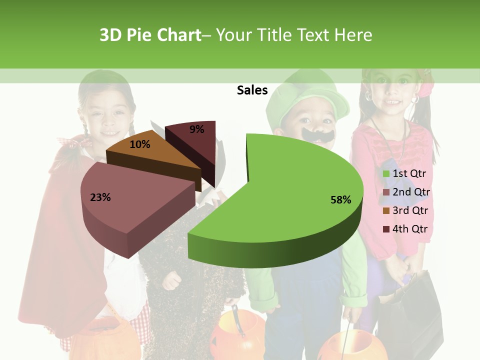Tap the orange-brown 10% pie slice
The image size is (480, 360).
pyautogui.click(x=150, y=155)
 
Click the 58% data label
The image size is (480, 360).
pyautogui.click(x=340, y=200)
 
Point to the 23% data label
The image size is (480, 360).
pyautogui.click(x=100, y=197)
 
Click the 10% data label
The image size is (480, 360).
pyautogui.click(x=140, y=144)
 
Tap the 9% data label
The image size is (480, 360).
pyautogui.click(x=197, y=129)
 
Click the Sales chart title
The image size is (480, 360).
pyautogui.click(x=252, y=90)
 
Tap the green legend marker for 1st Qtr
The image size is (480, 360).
pyautogui.click(x=386, y=174)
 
